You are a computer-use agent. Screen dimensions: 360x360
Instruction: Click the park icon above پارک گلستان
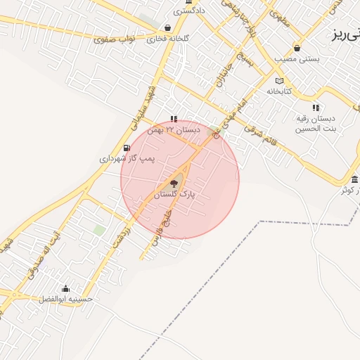pos(174,184)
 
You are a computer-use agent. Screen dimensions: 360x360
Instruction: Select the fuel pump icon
pos(126,148)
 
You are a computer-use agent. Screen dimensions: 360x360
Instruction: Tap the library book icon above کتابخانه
pos(279,82)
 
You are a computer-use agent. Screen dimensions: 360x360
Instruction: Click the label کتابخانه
pos(278,91)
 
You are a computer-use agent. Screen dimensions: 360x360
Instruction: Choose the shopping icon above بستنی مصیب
pos(297,49)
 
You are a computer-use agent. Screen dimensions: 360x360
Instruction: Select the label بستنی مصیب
pos(298,59)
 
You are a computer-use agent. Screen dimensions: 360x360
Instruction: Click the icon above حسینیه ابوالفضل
pos(66,288)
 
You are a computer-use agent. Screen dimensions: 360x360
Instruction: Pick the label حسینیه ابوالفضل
pos(66,299)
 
